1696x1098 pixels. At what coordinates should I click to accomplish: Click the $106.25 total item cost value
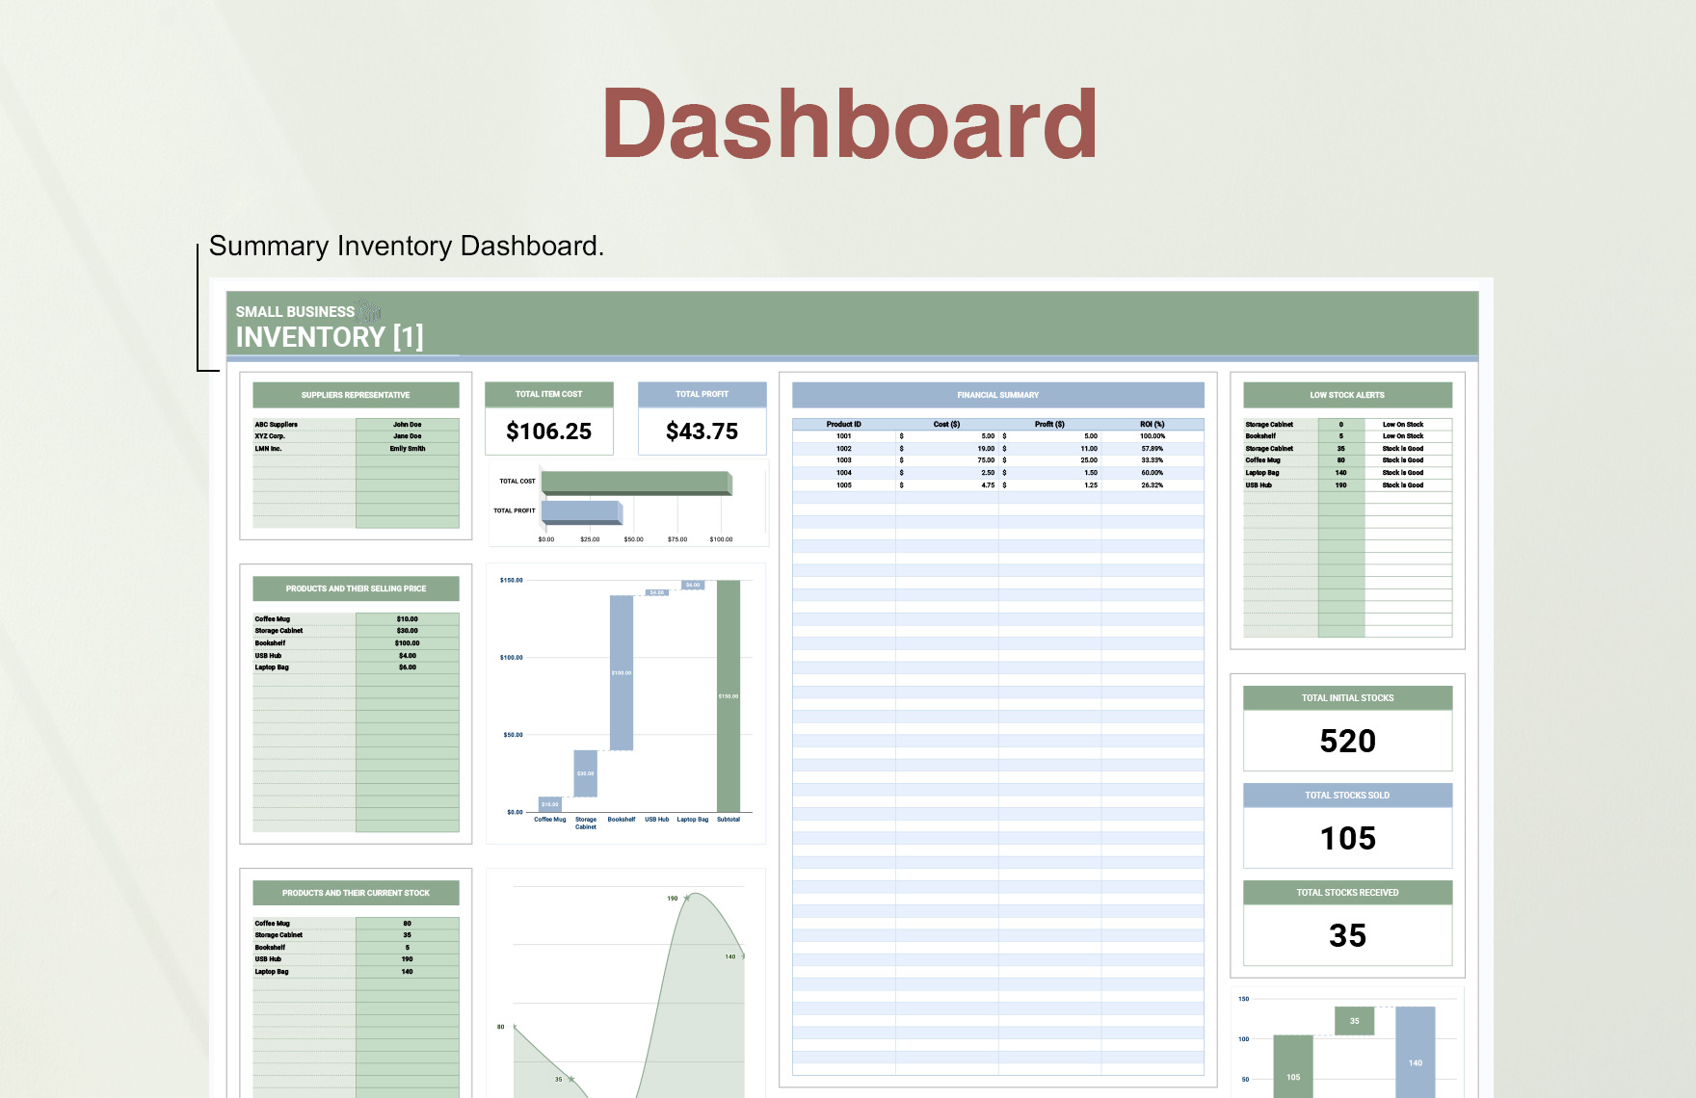pyautogui.click(x=548, y=431)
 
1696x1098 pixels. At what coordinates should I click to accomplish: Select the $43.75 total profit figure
pyautogui.click(x=702, y=431)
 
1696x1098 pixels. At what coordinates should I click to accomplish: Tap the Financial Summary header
pyautogui.click(x=997, y=395)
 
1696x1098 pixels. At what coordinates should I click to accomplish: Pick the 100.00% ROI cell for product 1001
pyautogui.click(x=1152, y=436)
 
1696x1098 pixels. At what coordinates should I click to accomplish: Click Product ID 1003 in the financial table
pyautogui.click(x=843, y=460)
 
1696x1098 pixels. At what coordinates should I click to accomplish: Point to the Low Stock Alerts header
pyautogui.click(x=1346, y=395)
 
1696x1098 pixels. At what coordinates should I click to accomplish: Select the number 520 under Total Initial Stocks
pyautogui.click(x=1347, y=741)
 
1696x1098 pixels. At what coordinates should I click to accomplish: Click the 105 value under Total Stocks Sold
pyautogui.click(x=1347, y=838)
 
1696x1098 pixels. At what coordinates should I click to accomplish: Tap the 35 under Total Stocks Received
pyautogui.click(x=1347, y=935)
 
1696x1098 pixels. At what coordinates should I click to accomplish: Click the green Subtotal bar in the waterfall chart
pyautogui.click(x=729, y=695)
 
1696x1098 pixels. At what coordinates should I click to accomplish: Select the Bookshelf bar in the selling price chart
pyautogui.click(x=622, y=672)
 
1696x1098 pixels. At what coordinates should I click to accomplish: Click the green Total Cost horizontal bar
pyautogui.click(x=635, y=482)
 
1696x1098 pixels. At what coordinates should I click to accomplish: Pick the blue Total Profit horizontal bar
pyautogui.click(x=581, y=511)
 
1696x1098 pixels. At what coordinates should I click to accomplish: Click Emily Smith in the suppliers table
pyautogui.click(x=407, y=449)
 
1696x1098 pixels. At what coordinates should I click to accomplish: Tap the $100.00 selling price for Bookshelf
pyautogui.click(x=407, y=643)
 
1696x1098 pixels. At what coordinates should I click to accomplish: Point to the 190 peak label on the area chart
pyautogui.click(x=673, y=899)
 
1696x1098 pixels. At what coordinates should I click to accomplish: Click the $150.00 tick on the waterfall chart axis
pyautogui.click(x=511, y=581)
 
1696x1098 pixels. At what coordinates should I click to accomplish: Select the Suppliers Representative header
pyautogui.click(x=355, y=395)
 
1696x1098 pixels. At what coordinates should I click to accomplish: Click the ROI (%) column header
pyautogui.click(x=1152, y=424)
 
